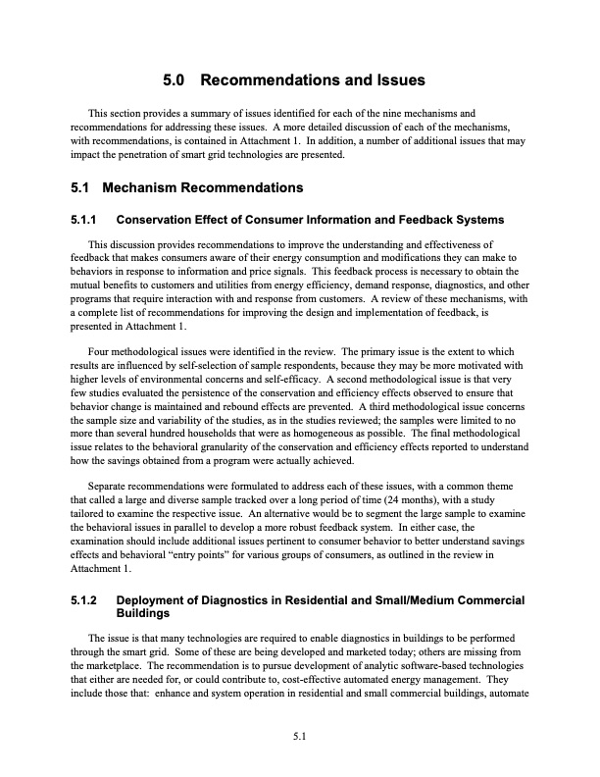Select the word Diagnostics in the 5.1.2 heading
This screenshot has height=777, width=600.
click(x=229, y=599)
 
